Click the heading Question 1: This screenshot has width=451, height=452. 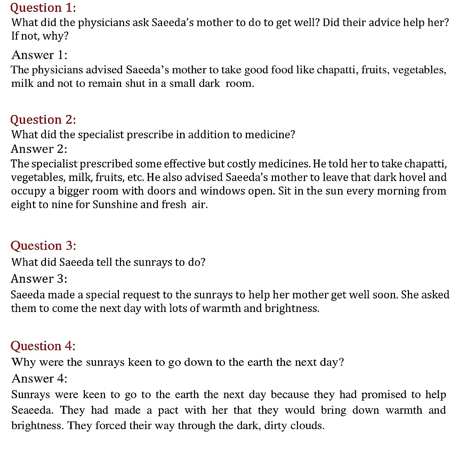pyautogui.click(x=43, y=8)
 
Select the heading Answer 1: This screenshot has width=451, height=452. pyautogui.click(x=39, y=55)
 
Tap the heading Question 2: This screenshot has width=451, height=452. pyautogui.click(x=43, y=120)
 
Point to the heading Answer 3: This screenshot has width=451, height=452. pyautogui.click(x=39, y=279)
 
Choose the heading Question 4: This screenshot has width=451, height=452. pyautogui.click(x=43, y=346)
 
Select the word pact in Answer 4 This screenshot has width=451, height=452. pyautogui.click(x=168, y=410)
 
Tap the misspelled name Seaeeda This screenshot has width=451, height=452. pyautogui.click(x=32, y=410)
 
